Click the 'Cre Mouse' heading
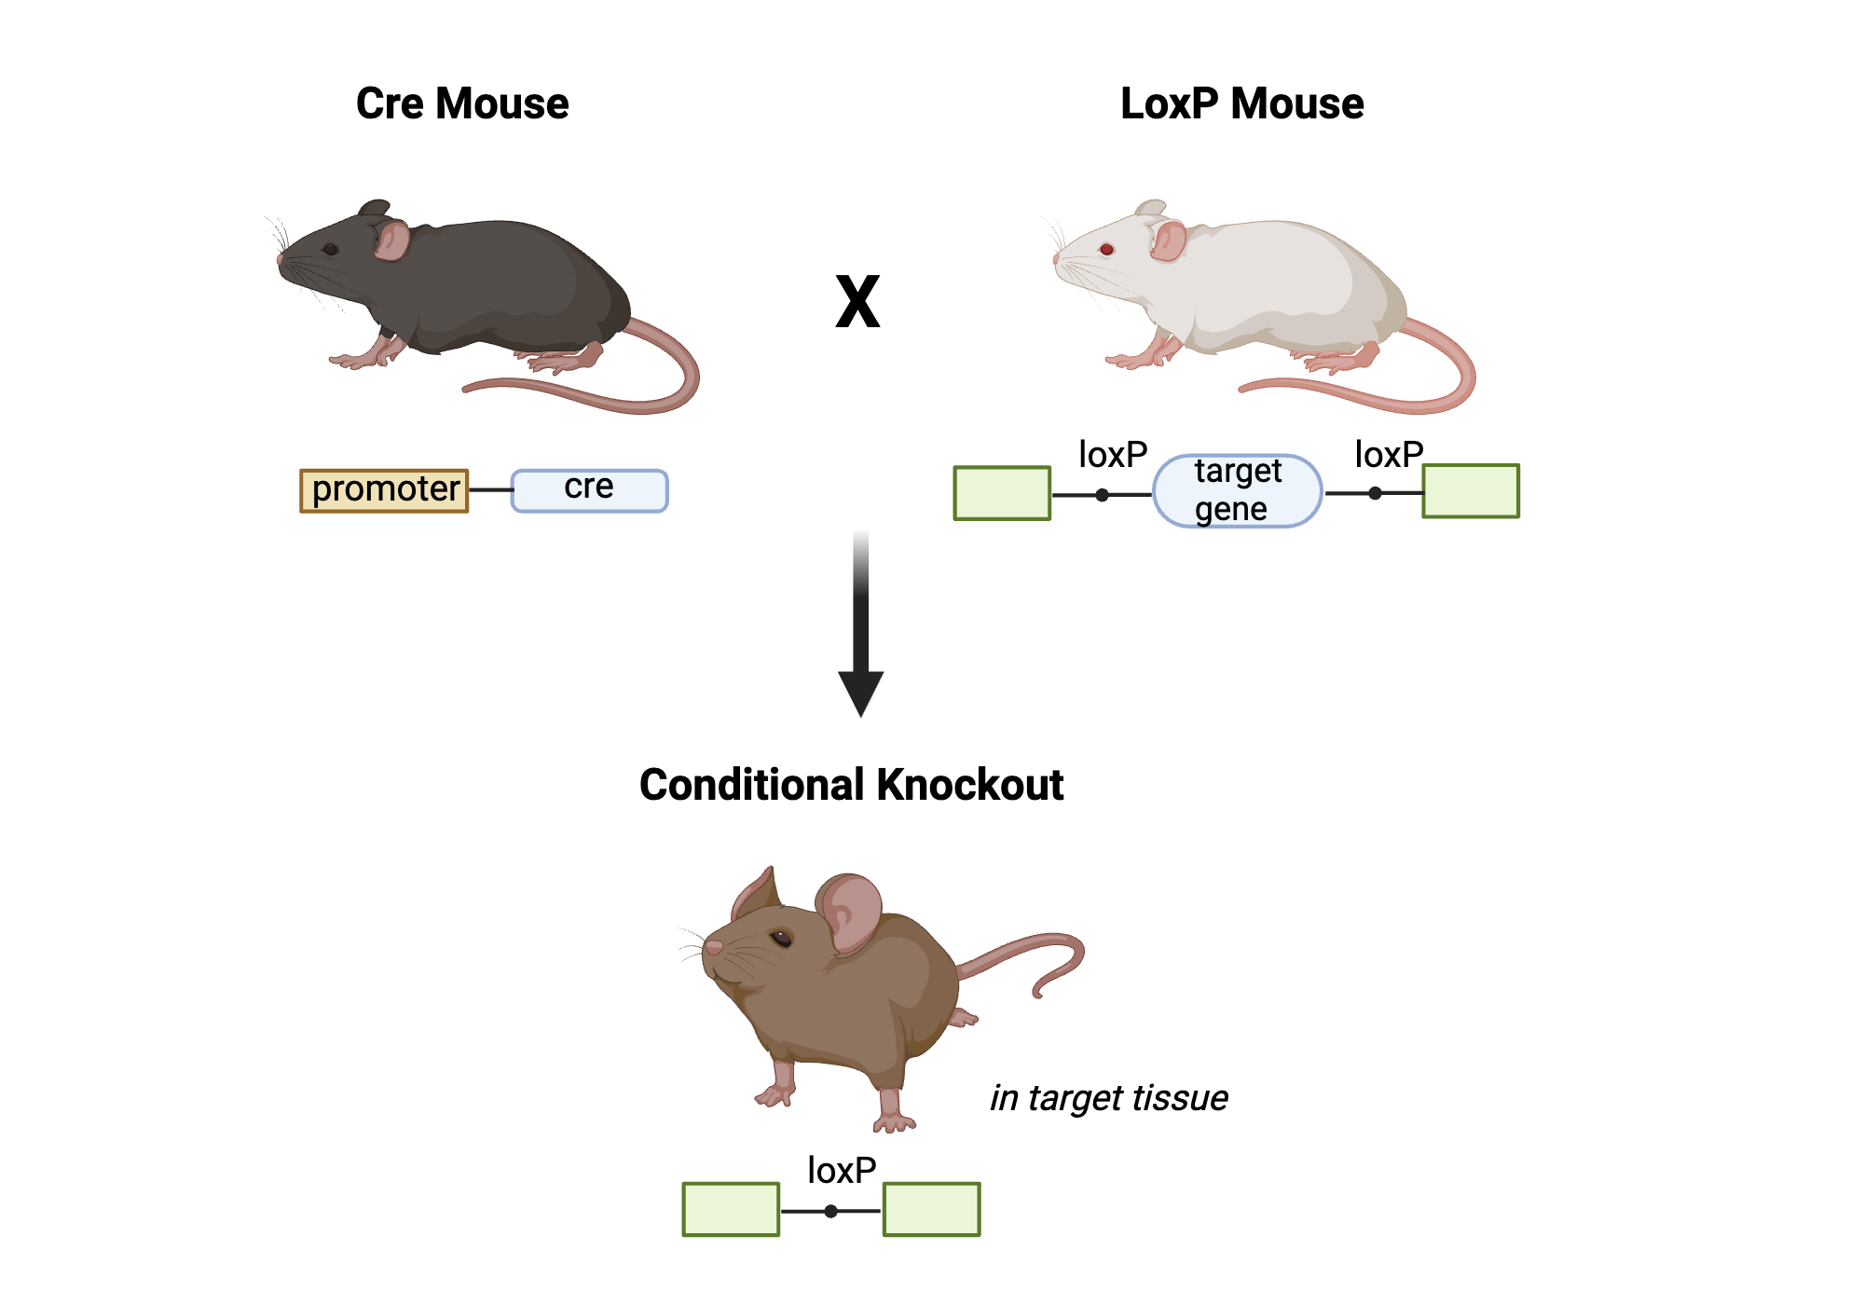[462, 103]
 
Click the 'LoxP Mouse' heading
[1241, 103]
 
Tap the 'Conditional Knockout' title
[851, 785]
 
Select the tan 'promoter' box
[384, 490]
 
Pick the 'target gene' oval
[1237, 491]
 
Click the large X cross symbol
[857, 302]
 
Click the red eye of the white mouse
[1106, 249]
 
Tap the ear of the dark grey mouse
[391, 240]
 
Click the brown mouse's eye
[781, 938]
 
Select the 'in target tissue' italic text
[1108, 1098]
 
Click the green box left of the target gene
[1002, 493]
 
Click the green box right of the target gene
[1471, 491]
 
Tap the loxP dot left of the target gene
[1103, 495]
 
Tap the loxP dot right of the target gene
[1375, 493]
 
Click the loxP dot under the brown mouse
[830, 1211]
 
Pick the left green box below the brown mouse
[731, 1209]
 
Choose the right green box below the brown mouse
[931, 1209]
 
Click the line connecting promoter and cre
[490, 489]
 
